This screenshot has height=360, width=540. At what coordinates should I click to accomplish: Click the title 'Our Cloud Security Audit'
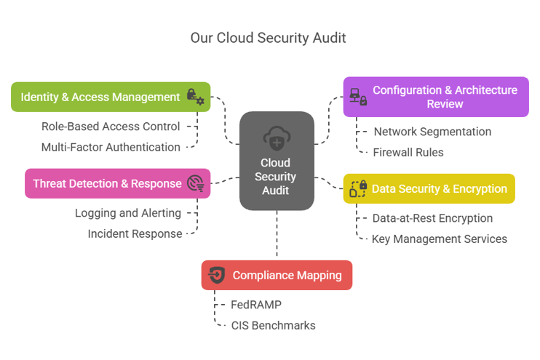(268, 38)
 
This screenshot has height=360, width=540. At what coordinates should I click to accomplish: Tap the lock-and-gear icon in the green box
(195, 97)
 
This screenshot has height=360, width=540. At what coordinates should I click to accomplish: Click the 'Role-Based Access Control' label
(111, 127)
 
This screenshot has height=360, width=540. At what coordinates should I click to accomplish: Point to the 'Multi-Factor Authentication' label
(111, 147)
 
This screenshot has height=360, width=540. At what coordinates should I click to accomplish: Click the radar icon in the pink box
(195, 183)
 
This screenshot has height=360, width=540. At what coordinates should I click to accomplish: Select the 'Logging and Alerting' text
(128, 213)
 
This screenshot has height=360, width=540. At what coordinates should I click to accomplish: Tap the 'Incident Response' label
(134, 233)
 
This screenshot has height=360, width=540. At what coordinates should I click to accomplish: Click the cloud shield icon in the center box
(277, 137)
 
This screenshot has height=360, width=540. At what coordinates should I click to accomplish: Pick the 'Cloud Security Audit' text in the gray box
(277, 177)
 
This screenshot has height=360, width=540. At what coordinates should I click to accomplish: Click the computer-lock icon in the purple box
(358, 97)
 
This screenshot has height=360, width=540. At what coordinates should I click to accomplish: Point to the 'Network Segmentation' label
(432, 132)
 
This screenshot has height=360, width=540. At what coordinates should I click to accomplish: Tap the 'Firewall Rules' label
(408, 153)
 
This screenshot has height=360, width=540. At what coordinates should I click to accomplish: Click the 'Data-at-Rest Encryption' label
(432, 218)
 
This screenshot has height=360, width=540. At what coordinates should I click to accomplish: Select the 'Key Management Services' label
(439, 239)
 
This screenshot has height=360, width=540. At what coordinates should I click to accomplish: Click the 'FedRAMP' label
(256, 305)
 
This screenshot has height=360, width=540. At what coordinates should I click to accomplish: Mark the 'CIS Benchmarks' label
(273, 325)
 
